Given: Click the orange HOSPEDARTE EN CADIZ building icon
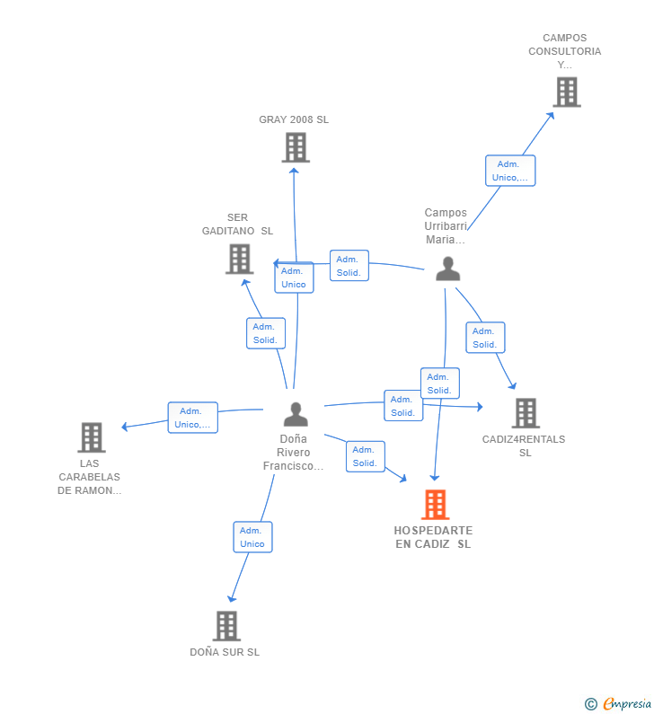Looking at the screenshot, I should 435,505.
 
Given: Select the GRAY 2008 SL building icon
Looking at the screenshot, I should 296,147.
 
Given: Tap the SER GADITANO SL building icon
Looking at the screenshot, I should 239,259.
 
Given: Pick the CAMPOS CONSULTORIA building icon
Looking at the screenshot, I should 566,92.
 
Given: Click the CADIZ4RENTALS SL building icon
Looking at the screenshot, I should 525,413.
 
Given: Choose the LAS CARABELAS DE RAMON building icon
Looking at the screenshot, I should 91,437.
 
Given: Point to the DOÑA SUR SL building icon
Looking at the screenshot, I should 226,625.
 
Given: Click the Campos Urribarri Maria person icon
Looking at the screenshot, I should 447,269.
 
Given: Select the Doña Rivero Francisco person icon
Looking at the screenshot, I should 296,414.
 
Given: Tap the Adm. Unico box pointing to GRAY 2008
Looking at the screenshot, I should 294,278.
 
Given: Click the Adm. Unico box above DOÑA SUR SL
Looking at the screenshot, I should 252,537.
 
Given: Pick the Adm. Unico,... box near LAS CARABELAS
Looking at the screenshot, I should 193,418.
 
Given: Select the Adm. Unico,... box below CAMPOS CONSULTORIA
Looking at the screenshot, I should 510,171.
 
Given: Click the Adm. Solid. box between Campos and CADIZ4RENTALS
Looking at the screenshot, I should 485,338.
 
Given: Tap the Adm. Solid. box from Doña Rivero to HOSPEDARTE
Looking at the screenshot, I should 365,456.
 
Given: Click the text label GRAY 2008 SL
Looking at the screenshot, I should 294,119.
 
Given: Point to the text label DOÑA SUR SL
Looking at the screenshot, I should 225,652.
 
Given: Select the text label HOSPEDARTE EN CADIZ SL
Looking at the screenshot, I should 433,537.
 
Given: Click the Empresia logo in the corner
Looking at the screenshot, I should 617,703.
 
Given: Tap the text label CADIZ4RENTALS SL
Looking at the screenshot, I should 524,445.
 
